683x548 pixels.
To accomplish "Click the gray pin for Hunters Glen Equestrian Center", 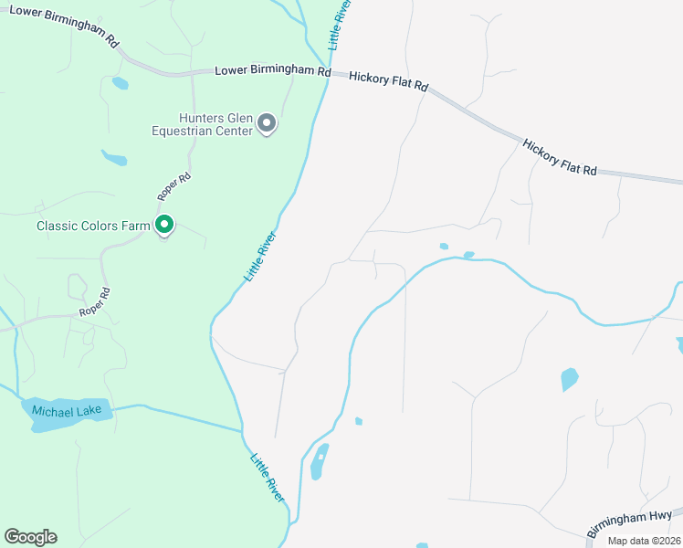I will tap(267, 122).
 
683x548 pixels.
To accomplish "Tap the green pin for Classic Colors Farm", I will tap(164, 225).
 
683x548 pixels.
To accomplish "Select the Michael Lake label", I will tap(68, 411).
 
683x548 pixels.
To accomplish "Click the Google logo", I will tap(30, 537).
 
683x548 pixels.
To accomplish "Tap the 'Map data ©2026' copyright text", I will tap(643, 541).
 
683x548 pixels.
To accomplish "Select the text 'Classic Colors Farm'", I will tap(92, 226).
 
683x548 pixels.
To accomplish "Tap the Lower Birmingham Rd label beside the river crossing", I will tap(272, 70).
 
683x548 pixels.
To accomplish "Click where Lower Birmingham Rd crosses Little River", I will tap(328, 74).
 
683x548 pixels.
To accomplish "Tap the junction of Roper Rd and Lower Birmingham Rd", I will tap(192, 72).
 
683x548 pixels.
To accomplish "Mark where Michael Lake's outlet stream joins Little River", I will tap(242, 429).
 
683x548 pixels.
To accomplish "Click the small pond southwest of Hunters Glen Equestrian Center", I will tap(114, 158).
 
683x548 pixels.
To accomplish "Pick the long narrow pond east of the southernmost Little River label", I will tap(318, 461).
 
